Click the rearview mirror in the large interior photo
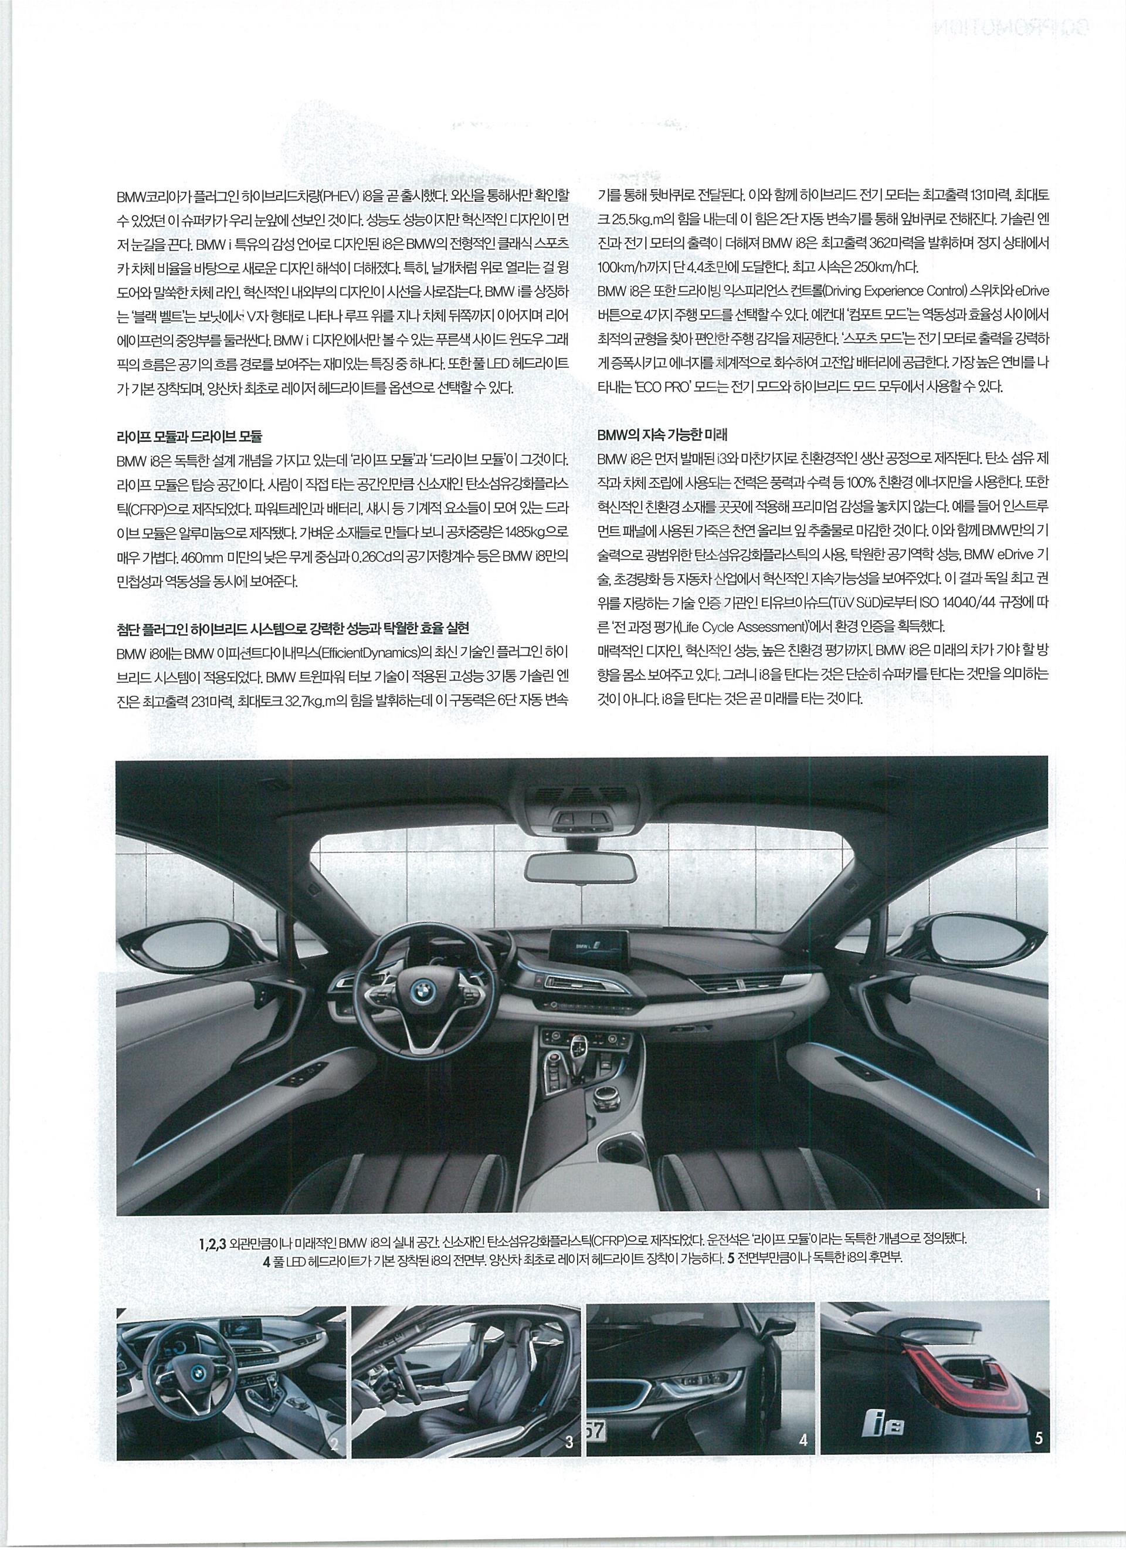(580, 869)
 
